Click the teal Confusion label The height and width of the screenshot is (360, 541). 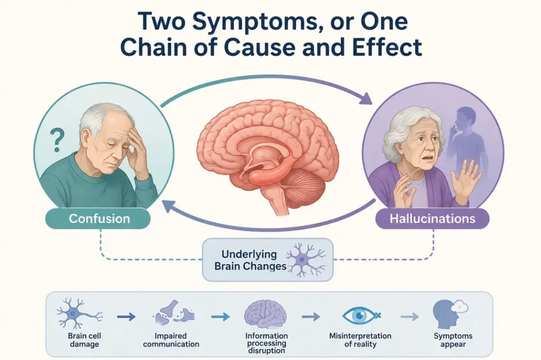point(98,219)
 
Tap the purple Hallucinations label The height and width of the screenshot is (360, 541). point(432,219)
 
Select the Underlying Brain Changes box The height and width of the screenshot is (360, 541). point(268,260)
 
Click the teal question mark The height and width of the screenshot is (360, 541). point(57,140)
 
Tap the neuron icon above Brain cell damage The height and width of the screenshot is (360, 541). point(79,313)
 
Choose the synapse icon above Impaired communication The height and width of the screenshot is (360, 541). point(173,313)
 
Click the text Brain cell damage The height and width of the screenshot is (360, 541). point(85,340)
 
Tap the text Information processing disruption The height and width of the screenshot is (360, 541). point(266,343)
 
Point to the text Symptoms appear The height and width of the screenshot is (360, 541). point(453,340)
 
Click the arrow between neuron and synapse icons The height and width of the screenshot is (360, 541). point(126,316)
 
